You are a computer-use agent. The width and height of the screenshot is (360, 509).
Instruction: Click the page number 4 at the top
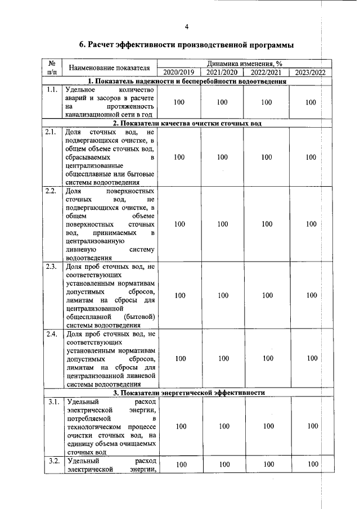click(x=186, y=27)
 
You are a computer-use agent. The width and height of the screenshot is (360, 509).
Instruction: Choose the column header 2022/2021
click(x=267, y=73)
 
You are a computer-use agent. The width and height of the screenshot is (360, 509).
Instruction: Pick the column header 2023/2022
click(x=310, y=73)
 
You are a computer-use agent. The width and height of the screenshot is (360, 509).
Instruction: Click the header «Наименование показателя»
click(x=109, y=68)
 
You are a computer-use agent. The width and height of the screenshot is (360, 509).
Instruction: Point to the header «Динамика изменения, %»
click(x=244, y=64)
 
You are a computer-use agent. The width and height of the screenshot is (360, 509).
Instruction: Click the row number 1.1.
click(x=52, y=90)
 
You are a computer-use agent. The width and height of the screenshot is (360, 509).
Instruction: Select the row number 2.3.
click(x=52, y=267)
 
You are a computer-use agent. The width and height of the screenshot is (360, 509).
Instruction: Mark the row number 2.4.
click(x=52, y=335)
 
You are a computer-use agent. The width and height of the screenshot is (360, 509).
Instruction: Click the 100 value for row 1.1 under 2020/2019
click(x=179, y=102)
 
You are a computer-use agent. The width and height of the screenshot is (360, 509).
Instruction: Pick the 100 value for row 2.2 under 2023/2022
click(x=311, y=224)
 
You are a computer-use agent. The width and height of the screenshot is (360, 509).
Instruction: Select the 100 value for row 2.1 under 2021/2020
click(x=223, y=158)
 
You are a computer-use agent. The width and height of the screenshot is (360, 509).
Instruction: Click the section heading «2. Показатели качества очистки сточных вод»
click(x=187, y=123)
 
